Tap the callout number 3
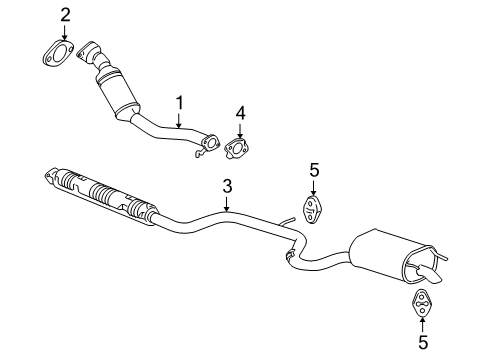[x=227, y=185]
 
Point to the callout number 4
[x=240, y=113]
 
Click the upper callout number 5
[x=313, y=171]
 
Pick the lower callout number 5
[x=421, y=342]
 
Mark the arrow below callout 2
[x=65, y=31]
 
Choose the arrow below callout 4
[x=240, y=130]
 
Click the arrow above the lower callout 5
[x=421, y=323]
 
